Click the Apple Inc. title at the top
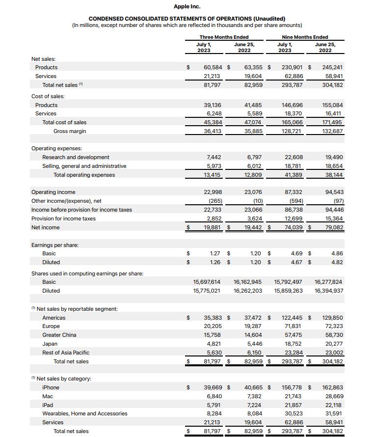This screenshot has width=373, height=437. point(187,6)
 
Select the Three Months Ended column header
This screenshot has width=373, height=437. point(224,37)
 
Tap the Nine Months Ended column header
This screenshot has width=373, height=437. point(305,37)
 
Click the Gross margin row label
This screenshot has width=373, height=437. point(70,131)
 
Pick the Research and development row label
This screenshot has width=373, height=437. point(76,157)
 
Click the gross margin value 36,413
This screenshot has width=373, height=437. point(213,131)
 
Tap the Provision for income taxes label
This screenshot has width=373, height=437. point(63,218)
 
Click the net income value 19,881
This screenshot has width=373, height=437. point(213,227)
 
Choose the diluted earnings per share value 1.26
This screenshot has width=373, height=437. point(215,262)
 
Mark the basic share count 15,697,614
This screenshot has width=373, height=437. point(207,282)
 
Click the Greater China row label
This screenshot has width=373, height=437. point(59,335)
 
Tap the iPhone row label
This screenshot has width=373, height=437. point(51,387)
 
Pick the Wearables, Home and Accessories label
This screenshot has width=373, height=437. point(84,413)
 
